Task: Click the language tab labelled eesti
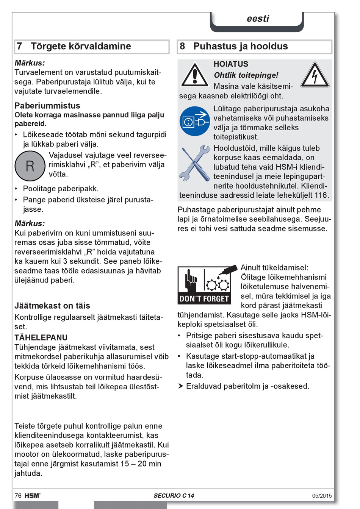pos(258,19)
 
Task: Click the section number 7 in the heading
pos(19,46)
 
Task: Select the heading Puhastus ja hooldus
pos(240,46)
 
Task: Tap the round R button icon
pos(30,166)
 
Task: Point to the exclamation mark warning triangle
pos(194,75)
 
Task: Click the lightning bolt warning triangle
pos(315,75)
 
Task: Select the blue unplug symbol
pos(195,121)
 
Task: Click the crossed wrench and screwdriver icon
pos(195,163)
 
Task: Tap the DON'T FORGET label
pos(204,299)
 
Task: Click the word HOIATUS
pos(231,64)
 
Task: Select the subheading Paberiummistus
pos(47,106)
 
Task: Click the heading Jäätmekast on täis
pos(52,306)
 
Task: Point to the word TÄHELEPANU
pos(41,337)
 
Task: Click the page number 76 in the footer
pos(18,495)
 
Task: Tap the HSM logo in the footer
pos(32,495)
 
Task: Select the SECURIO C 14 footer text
pos(174,495)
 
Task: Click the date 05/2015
pos(322,496)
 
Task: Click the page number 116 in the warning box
pos(321,195)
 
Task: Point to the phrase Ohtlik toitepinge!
pos(246,75)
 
